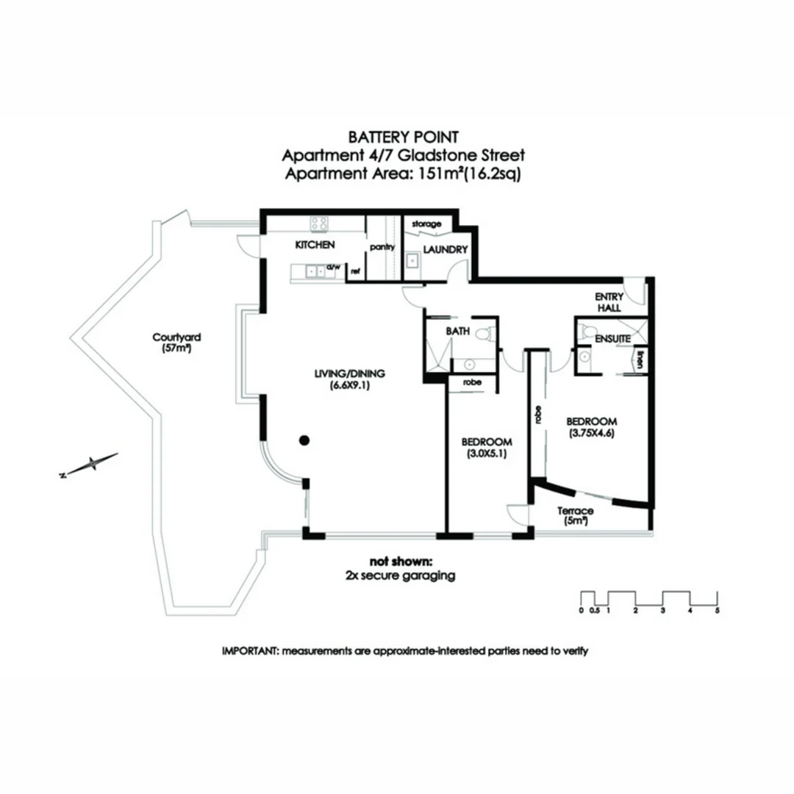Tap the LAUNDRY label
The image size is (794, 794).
[x=446, y=249]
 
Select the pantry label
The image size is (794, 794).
[x=382, y=247]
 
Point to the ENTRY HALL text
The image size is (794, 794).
[x=609, y=301]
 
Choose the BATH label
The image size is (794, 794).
[x=457, y=332]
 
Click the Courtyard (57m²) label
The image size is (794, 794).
[x=177, y=343]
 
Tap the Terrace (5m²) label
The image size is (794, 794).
[x=576, y=515]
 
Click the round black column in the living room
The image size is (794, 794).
[x=304, y=440]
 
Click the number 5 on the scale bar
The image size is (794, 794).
[x=718, y=610]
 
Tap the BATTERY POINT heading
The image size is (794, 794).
[x=404, y=137]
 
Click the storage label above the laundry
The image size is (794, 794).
[x=426, y=223]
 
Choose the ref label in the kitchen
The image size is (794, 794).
[x=355, y=271]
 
